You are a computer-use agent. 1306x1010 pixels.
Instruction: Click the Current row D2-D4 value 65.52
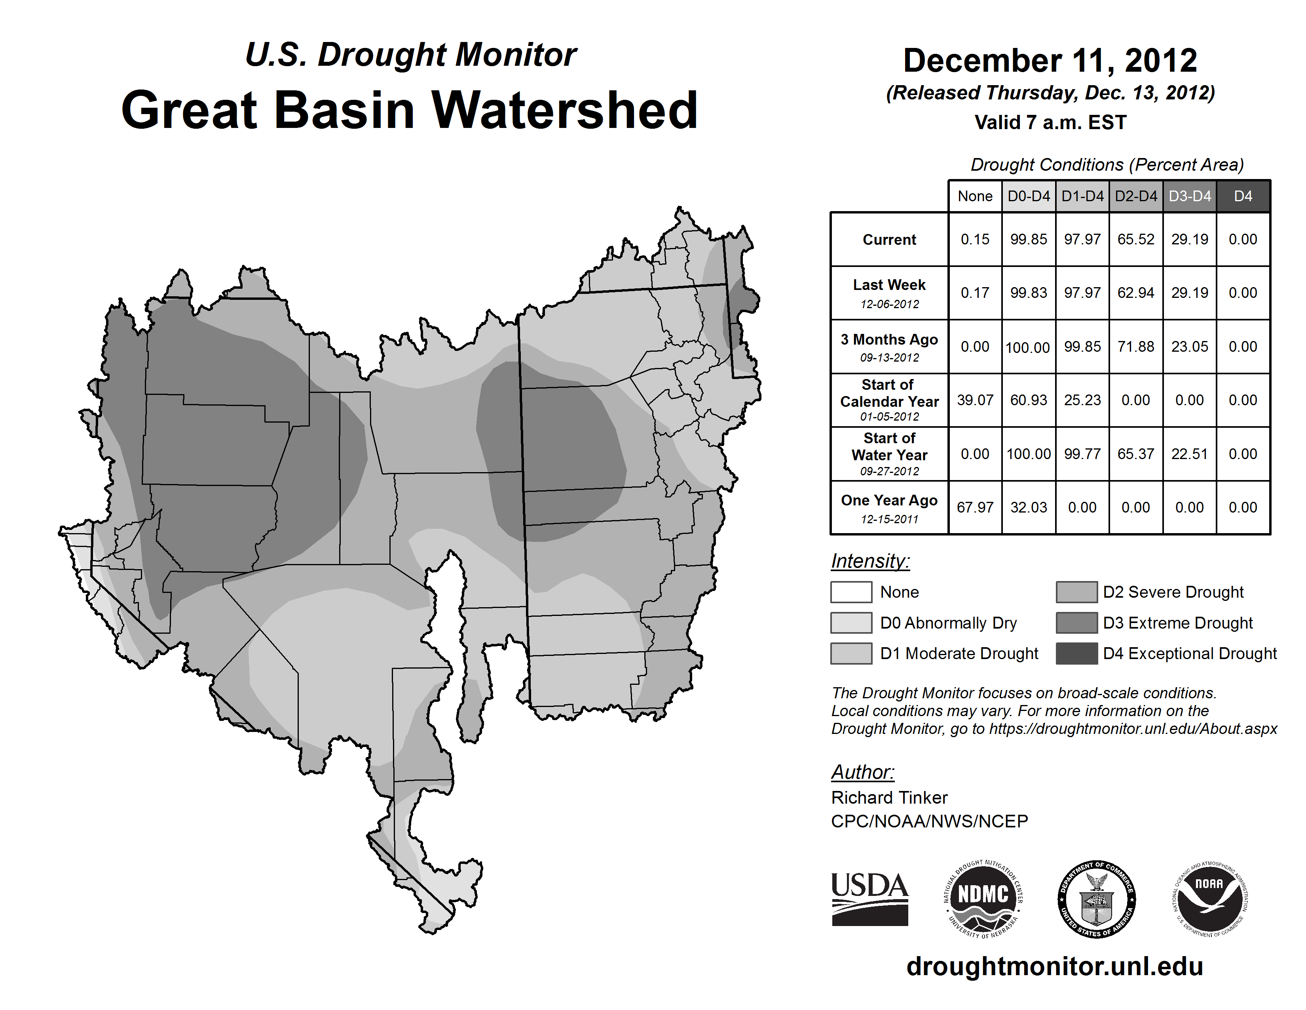tap(1135, 239)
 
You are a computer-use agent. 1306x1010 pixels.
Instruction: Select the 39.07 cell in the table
tap(975, 400)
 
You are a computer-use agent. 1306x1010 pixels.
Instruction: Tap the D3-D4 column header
tap(1189, 196)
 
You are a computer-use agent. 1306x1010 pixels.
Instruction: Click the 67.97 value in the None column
tap(975, 507)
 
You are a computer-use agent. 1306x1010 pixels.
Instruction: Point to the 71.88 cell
tap(1135, 347)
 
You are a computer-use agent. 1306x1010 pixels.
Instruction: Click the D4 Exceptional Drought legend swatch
tap(1076, 654)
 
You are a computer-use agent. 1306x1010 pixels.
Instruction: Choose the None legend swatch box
tap(851, 592)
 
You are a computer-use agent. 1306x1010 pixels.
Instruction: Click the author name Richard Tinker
tap(889, 798)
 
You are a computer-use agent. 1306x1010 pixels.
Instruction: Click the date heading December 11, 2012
tap(1050, 61)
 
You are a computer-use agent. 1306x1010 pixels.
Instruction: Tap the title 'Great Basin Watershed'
tap(410, 110)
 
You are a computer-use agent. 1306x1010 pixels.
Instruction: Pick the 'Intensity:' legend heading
tap(870, 561)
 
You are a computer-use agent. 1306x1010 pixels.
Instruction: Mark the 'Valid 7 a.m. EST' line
tap(1050, 123)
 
